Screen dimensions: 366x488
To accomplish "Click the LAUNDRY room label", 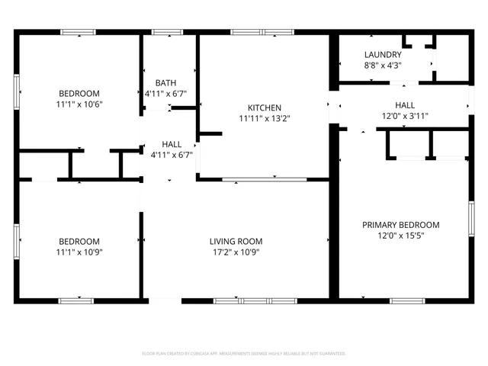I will coord(383,55).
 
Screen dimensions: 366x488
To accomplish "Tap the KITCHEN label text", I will coord(265,108).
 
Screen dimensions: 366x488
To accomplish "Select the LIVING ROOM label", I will coord(236,242).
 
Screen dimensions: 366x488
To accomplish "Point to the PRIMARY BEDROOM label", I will coord(400,225).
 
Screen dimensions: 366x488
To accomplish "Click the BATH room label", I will coord(166,83).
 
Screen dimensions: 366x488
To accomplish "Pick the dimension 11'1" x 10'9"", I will coord(78,252).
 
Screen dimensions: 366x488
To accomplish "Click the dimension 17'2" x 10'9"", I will coord(236,252).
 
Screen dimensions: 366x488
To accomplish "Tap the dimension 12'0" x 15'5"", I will coord(400,236).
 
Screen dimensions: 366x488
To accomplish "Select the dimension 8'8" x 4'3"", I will coord(383,66).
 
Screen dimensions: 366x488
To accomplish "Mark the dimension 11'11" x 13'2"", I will coord(265,118).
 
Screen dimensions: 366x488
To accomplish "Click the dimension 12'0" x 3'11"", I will coord(406,116).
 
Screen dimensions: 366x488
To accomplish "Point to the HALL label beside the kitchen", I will coord(172,143).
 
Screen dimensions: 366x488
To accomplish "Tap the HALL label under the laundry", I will coord(406,105).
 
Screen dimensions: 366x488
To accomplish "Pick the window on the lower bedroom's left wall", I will coord(17,241).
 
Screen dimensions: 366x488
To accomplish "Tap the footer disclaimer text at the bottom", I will coord(244,354).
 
